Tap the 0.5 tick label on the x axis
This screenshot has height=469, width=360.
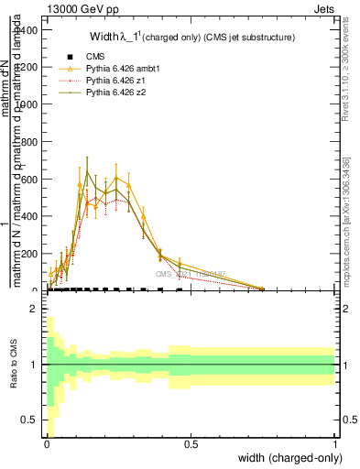[x=191, y=443]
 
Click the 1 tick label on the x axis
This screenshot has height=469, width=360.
[x=335, y=443]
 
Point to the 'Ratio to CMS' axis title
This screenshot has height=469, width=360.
[x=13, y=365]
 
